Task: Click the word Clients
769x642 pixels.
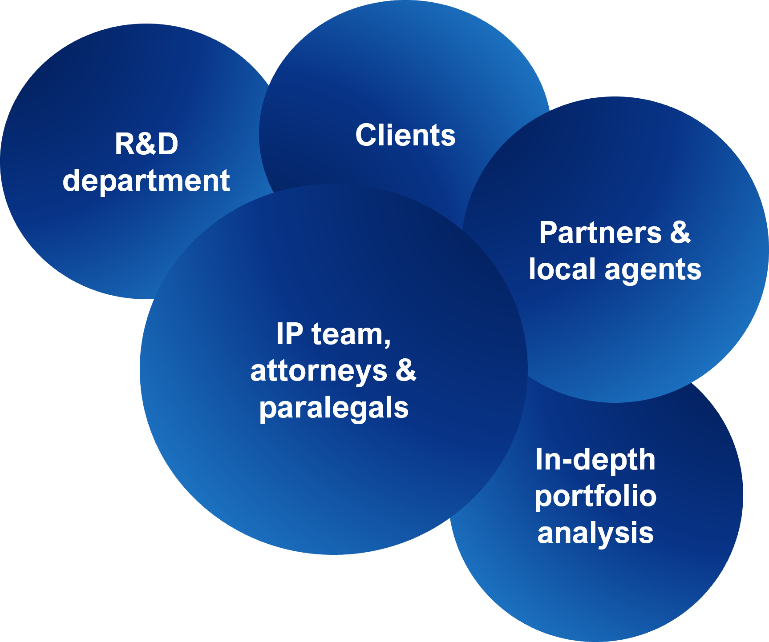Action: pyautogui.click(x=405, y=135)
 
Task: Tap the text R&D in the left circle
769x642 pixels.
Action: pyautogui.click(x=146, y=144)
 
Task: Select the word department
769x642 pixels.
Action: pyautogui.click(x=146, y=181)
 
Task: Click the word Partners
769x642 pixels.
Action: pyautogui.click(x=600, y=233)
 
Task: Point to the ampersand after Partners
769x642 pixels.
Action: pyautogui.click(x=680, y=233)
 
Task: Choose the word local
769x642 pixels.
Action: pyautogui.click(x=562, y=269)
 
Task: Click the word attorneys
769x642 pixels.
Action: pyautogui.click(x=319, y=371)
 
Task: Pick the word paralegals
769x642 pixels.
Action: pyautogui.click(x=334, y=408)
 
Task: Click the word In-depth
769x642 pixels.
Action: pyautogui.click(x=595, y=460)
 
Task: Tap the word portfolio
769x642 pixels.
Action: pyautogui.click(x=595, y=497)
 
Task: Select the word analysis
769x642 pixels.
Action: pyautogui.click(x=595, y=533)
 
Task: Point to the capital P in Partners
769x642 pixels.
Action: pyautogui.click(x=548, y=233)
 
